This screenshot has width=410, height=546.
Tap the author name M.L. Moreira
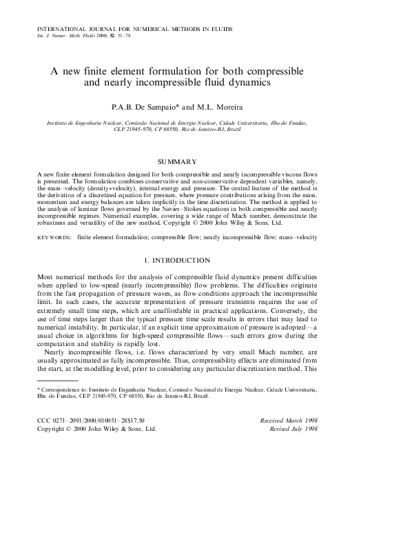pyautogui.click(x=221, y=108)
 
